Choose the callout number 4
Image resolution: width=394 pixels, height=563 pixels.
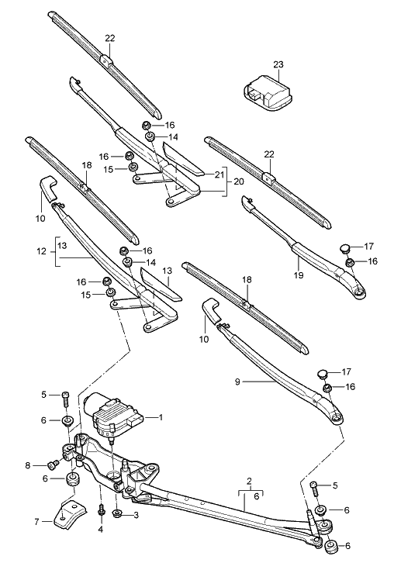tap(101, 530)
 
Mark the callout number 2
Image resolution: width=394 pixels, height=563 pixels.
tap(249, 482)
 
